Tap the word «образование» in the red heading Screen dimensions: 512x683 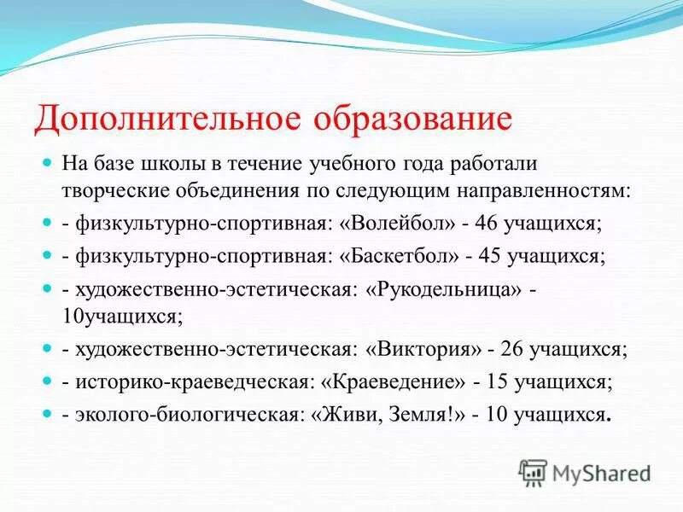[414, 118]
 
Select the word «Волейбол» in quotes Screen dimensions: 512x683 [398, 224]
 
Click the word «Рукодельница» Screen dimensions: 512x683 [443, 289]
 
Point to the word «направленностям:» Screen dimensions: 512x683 [558, 189]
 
